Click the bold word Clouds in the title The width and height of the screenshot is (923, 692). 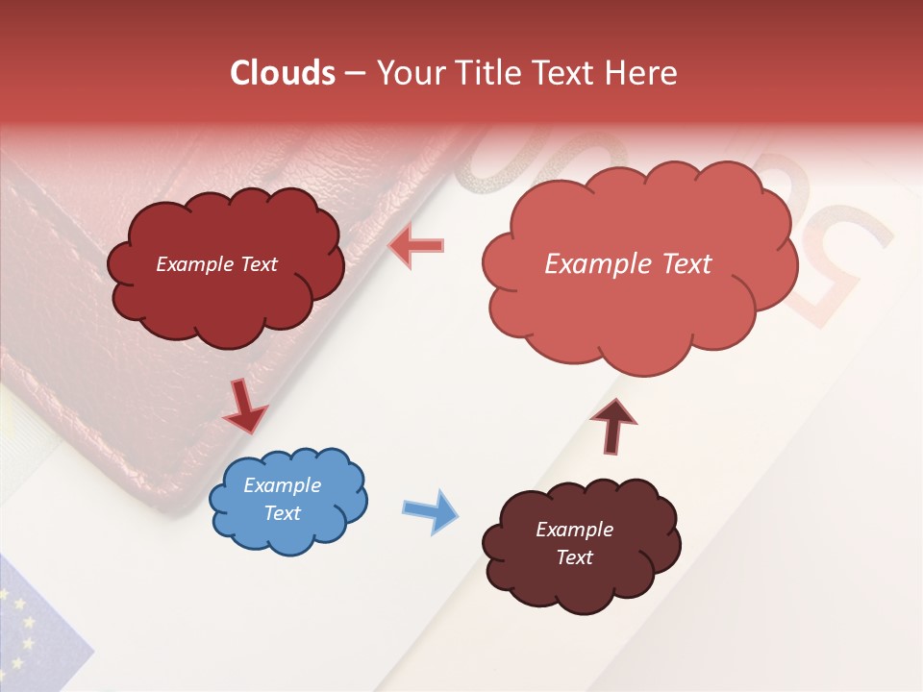[x=283, y=73]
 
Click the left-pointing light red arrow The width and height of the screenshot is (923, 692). [x=415, y=247]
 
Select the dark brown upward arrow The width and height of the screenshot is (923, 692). [x=613, y=424]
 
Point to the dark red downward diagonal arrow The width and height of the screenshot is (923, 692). [x=245, y=407]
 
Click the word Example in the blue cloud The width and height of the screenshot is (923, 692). [x=282, y=485]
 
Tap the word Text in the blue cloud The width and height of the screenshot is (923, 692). [x=282, y=513]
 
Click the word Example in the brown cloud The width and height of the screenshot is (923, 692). [x=574, y=530]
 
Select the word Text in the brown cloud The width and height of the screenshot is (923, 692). [x=574, y=557]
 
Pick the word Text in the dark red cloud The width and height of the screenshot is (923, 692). [x=257, y=264]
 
